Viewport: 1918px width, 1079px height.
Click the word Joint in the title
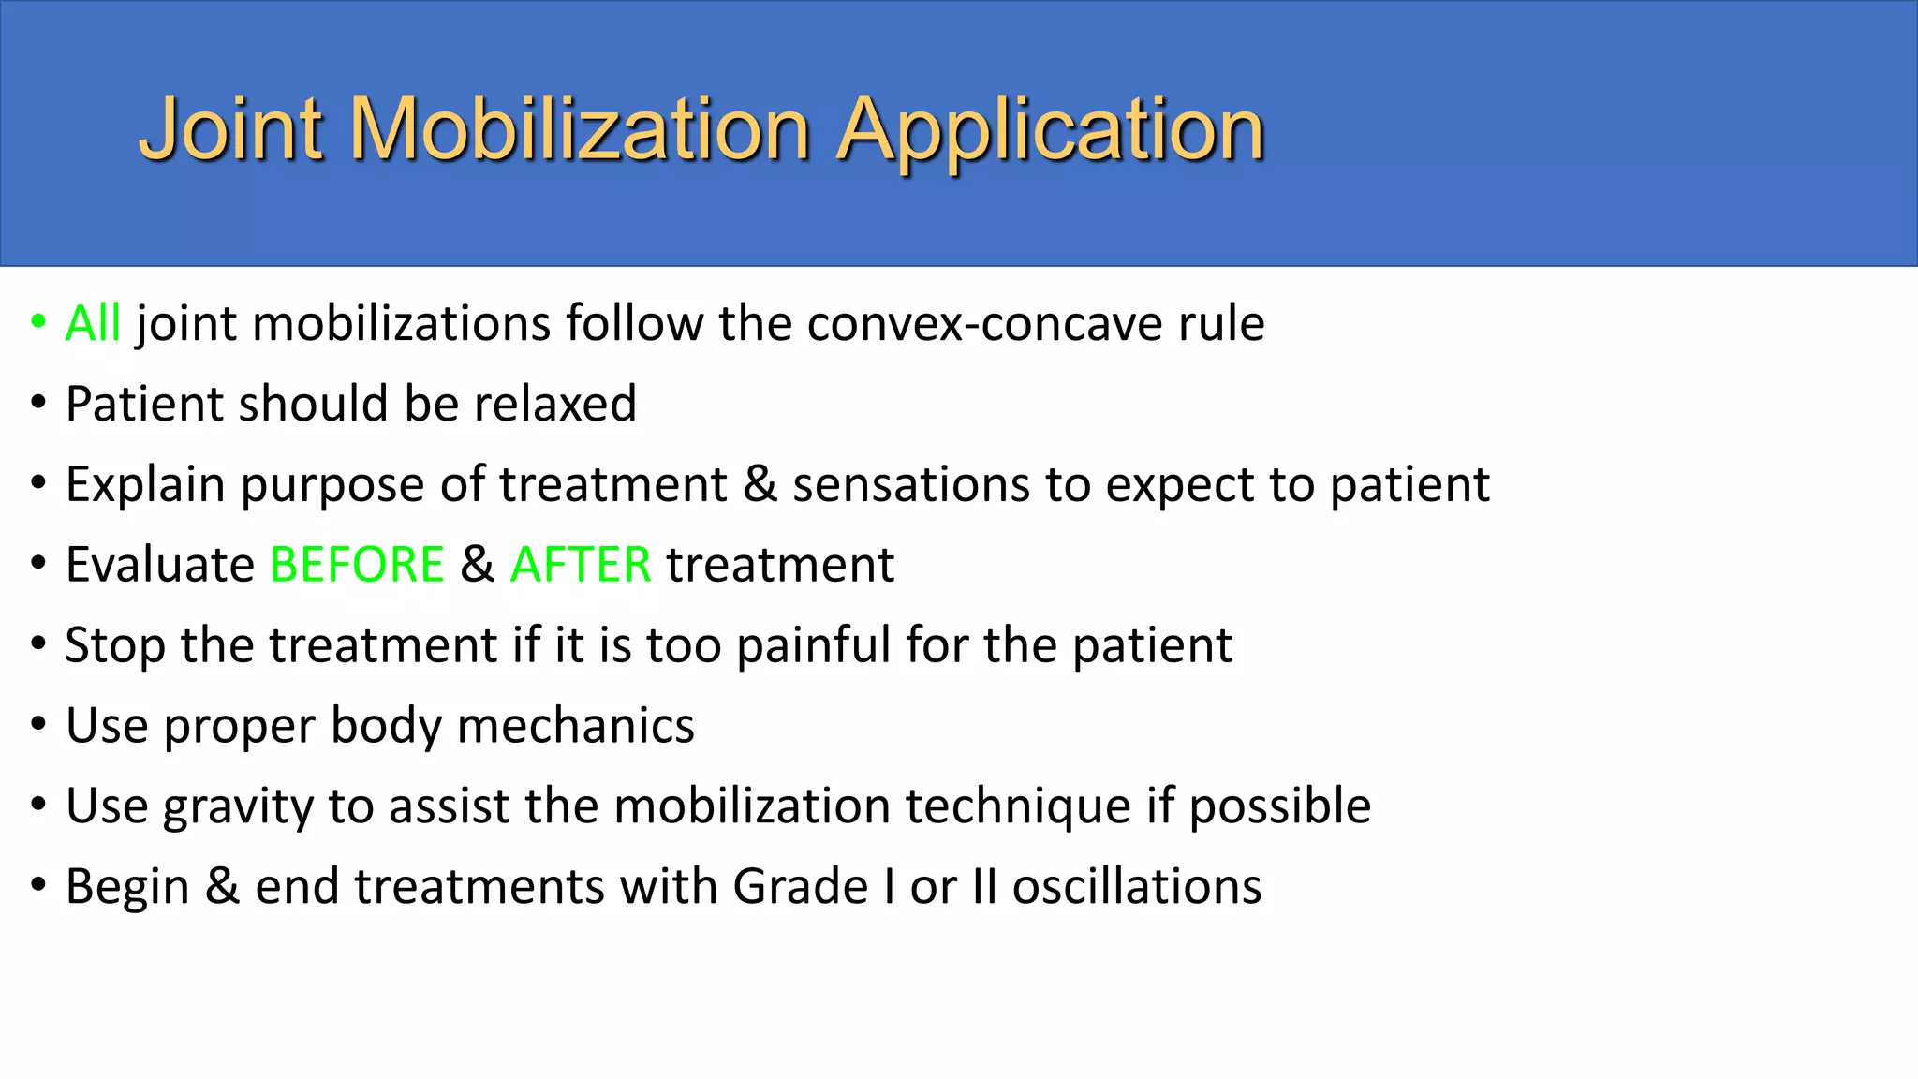point(231,129)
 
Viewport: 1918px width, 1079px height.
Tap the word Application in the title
point(1050,129)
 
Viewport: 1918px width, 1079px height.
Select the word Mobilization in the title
point(580,129)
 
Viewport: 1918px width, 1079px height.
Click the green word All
point(93,324)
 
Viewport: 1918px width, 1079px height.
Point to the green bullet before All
point(38,321)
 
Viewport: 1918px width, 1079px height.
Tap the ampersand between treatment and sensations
point(760,485)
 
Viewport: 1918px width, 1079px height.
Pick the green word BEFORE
point(357,565)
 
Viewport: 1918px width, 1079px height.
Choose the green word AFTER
point(581,565)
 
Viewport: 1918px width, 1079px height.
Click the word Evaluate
point(160,565)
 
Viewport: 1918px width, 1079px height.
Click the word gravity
point(238,807)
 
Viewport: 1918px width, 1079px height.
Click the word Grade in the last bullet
point(801,887)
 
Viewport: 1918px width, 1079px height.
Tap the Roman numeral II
point(984,887)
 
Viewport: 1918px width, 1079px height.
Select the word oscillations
point(1137,887)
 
